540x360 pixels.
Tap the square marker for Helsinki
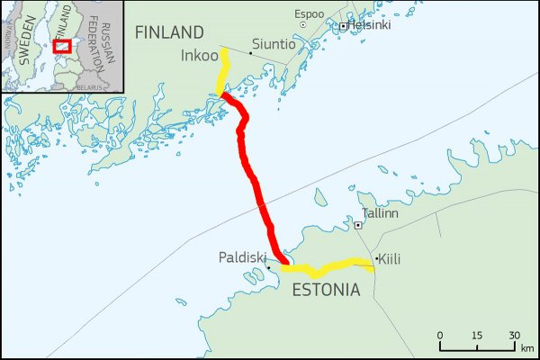(343, 26)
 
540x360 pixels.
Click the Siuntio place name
(274, 44)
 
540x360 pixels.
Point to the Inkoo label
(200, 56)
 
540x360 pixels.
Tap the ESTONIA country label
(325, 291)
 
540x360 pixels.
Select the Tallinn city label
(379, 215)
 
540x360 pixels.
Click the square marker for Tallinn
(358, 225)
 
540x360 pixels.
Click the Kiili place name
(389, 260)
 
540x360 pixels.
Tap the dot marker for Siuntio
(250, 53)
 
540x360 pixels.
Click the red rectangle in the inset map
(62, 45)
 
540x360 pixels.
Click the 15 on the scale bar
(477, 335)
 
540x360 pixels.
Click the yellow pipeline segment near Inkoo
(222, 72)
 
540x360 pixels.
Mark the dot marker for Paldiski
(268, 267)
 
